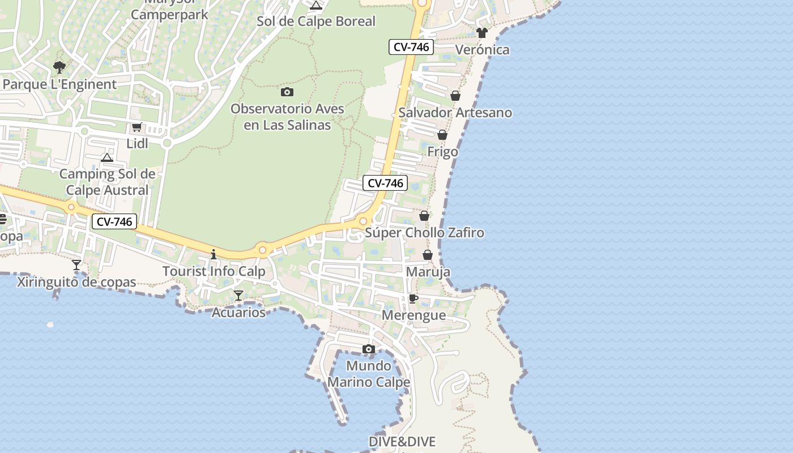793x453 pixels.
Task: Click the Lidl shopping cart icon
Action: (x=137, y=127)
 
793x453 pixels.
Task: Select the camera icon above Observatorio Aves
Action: (x=287, y=92)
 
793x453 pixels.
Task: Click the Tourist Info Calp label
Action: (x=214, y=271)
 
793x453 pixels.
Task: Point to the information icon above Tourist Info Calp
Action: (x=214, y=254)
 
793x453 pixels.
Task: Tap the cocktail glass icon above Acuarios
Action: (x=238, y=296)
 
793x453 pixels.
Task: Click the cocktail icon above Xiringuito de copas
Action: (x=76, y=265)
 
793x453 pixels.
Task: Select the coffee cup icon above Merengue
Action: (x=413, y=299)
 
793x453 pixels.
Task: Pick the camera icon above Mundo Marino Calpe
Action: (x=369, y=349)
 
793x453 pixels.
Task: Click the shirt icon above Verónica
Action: (x=482, y=33)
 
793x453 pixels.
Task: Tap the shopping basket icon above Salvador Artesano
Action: (x=455, y=96)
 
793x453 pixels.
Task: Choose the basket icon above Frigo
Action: (x=442, y=135)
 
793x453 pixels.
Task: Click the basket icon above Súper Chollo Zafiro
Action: (x=424, y=216)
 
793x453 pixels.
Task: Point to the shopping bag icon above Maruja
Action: (x=428, y=255)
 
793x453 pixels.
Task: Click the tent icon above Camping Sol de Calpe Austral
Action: (x=107, y=157)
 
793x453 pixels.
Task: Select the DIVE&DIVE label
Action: (x=402, y=442)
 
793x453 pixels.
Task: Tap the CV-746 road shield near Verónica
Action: (x=411, y=47)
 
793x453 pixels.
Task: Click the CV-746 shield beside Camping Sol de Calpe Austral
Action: (x=114, y=222)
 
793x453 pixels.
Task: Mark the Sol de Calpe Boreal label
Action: (x=316, y=22)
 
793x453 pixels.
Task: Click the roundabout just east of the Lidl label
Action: (x=167, y=143)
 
